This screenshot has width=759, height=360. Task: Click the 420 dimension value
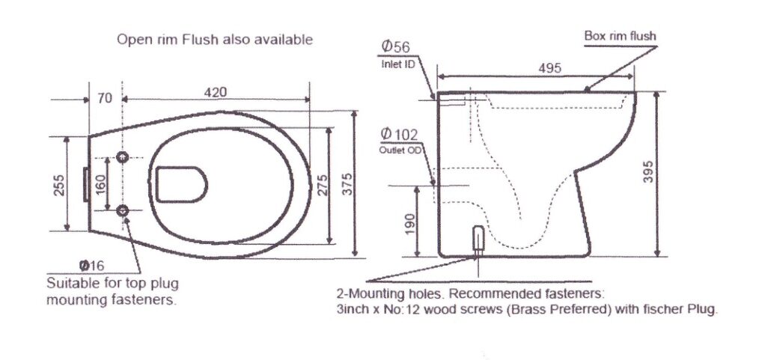pos(216,92)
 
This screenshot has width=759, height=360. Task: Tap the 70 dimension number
pos(105,98)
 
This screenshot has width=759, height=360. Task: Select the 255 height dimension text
pos(59,184)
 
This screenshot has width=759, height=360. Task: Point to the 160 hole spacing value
pos(100,184)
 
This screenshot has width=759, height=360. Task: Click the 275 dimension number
pos(321,184)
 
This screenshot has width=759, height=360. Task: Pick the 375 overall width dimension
pos(347,184)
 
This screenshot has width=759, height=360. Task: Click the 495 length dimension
pos(550,68)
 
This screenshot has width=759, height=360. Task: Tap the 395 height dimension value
pos(648,171)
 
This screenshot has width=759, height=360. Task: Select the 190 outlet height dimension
pos(410,224)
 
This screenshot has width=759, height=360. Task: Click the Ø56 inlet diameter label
pos(395,47)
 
